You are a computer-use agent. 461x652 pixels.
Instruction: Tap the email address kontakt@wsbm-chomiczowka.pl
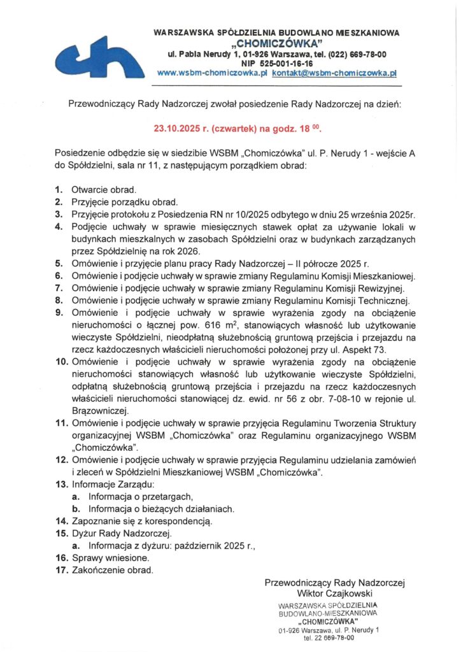pyautogui.click(x=334, y=73)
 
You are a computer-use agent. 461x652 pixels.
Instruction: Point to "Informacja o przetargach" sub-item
pyautogui.click(x=141, y=496)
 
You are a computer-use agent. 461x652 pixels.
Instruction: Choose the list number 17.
pyautogui.click(x=61, y=570)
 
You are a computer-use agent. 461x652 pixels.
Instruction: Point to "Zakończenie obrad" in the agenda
pyautogui.click(x=113, y=570)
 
